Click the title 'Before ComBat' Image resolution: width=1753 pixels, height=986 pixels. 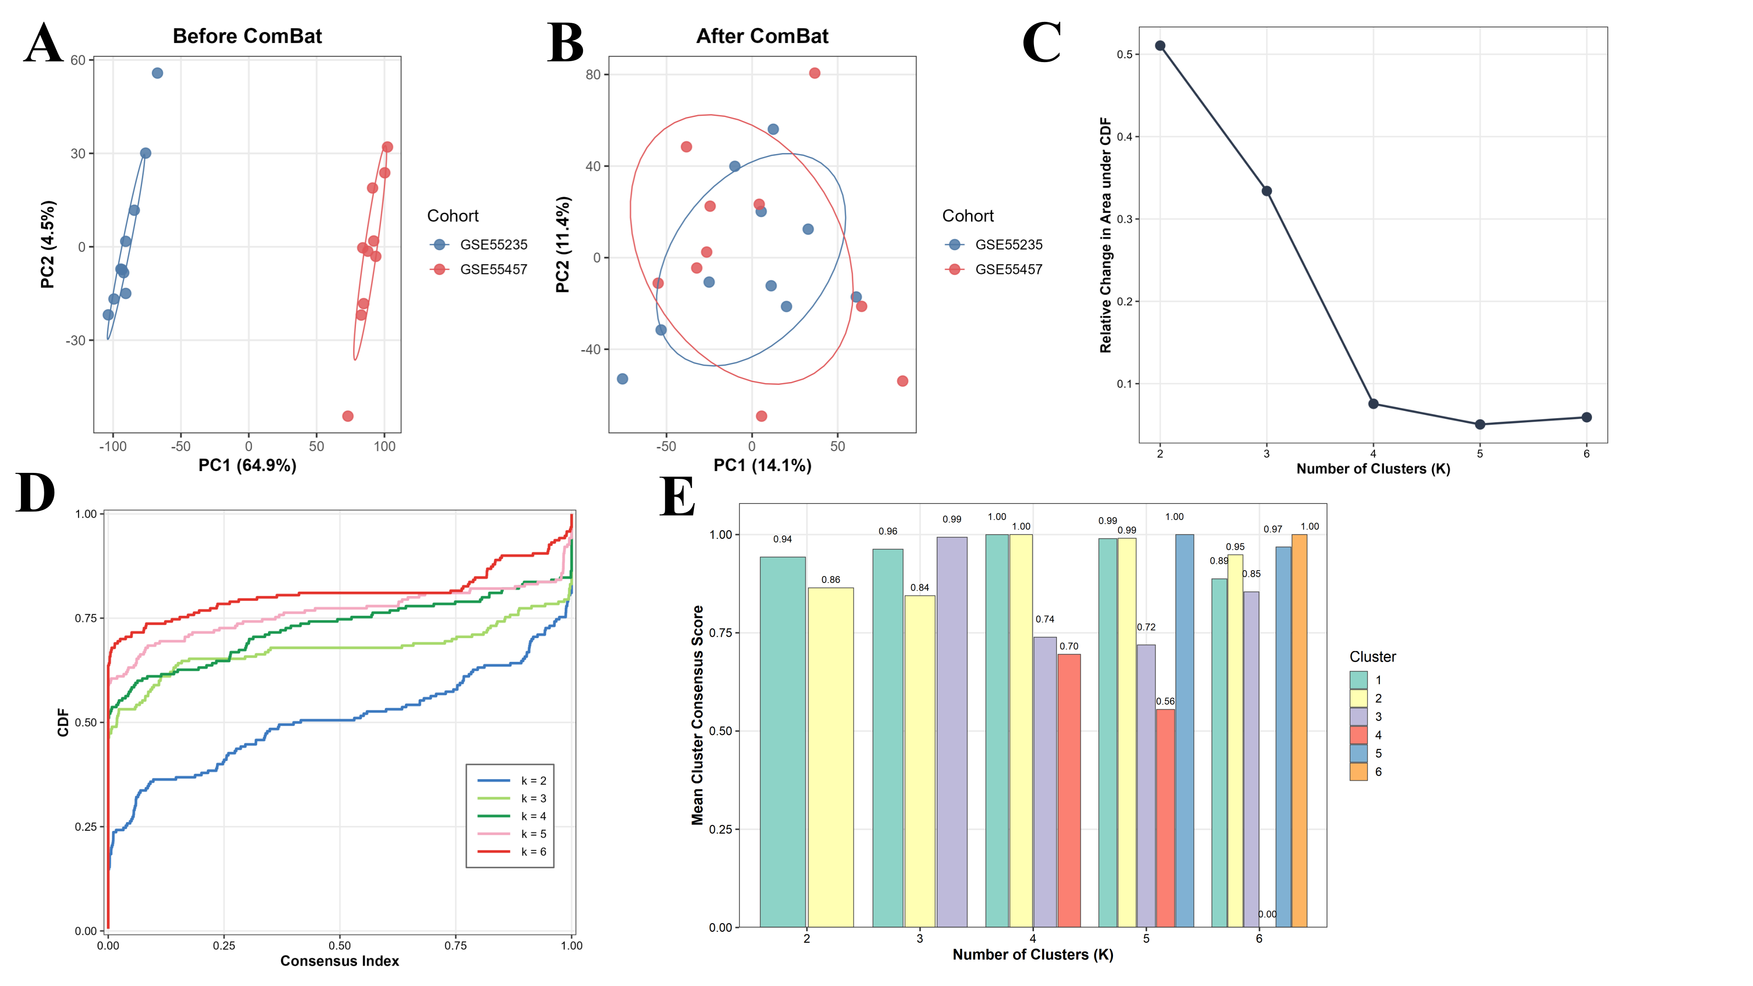pyautogui.click(x=247, y=36)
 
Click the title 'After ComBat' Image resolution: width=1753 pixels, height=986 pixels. pyautogui.click(x=762, y=36)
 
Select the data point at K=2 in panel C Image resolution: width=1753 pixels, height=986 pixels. pyautogui.click(x=1160, y=46)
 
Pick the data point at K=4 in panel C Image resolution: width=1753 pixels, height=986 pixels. pyautogui.click(x=1373, y=404)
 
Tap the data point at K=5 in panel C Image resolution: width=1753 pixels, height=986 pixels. pyautogui.click(x=1480, y=425)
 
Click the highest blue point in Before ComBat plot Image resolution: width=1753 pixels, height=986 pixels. pyautogui.click(x=157, y=73)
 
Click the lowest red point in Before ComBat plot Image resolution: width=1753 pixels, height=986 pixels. pyautogui.click(x=348, y=416)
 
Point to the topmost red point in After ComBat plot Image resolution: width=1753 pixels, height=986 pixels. pyautogui.click(x=814, y=73)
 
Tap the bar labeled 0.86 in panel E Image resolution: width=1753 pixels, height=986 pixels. pyautogui.click(x=830, y=757)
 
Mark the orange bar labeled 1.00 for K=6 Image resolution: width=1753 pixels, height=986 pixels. pyautogui.click(x=1299, y=730)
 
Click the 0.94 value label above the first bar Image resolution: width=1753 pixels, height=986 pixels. pyautogui.click(x=782, y=539)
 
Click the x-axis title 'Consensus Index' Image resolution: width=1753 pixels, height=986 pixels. pyautogui.click(x=340, y=961)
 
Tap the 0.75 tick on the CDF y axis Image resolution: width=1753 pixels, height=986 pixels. pyautogui.click(x=86, y=618)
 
